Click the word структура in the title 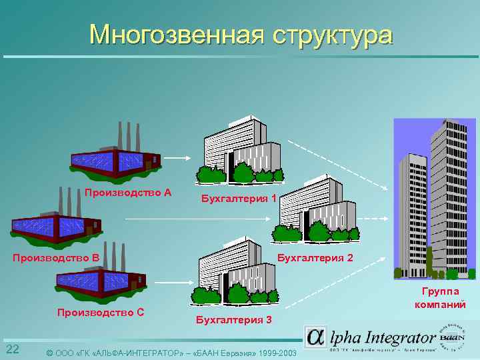[332, 35]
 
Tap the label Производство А [128, 193]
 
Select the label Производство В [56, 257]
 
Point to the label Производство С [101, 311]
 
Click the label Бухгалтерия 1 [239, 198]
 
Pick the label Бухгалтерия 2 [315, 257]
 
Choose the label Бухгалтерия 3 [234, 319]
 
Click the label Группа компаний [440, 298]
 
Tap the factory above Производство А [116, 157]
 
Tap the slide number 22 [12, 350]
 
